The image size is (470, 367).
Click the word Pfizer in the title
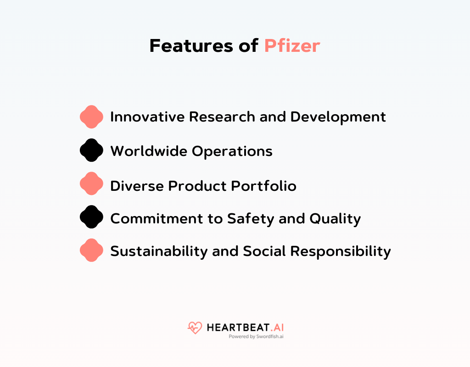[292, 46]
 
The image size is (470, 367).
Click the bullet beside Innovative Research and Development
[91, 117]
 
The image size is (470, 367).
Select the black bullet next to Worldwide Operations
[91, 150]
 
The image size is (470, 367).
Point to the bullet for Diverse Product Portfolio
[91, 183]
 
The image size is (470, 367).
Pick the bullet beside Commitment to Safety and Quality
[91, 217]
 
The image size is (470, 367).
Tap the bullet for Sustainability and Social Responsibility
[91, 250]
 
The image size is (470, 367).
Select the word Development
[338, 117]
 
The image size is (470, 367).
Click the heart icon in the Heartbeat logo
[195, 328]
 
